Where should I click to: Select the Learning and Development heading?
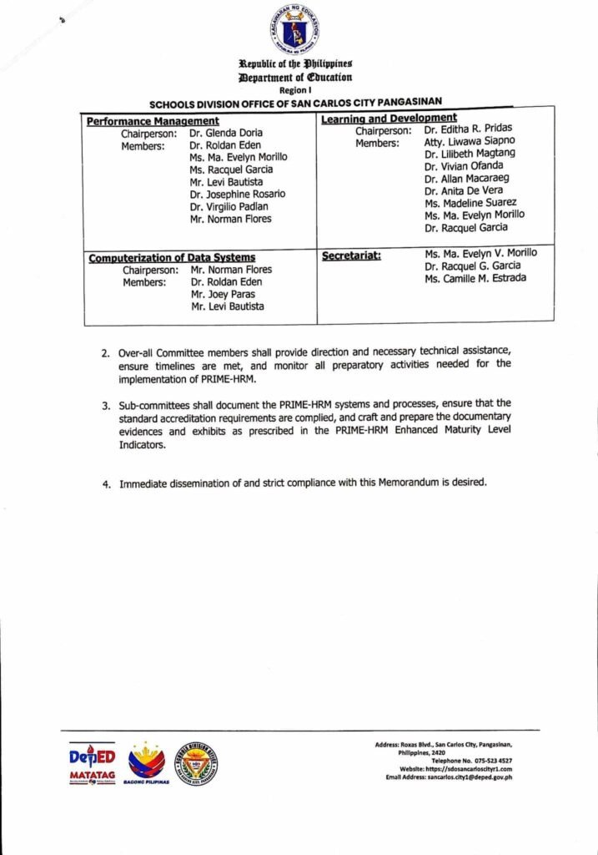tap(389, 119)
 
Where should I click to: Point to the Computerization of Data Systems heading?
tap(172, 258)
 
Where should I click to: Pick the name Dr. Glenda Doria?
tap(224, 134)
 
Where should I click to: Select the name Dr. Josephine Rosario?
tap(237, 195)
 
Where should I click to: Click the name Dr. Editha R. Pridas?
tap(468, 129)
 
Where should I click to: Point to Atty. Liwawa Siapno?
tap(470, 141)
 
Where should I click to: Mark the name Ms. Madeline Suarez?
tap(470, 203)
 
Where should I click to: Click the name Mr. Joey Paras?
tap(223, 294)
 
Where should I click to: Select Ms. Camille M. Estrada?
tap(475, 278)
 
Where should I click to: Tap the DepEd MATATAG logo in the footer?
tap(93, 763)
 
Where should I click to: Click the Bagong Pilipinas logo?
tap(146, 763)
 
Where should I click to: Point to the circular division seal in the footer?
tap(195, 761)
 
